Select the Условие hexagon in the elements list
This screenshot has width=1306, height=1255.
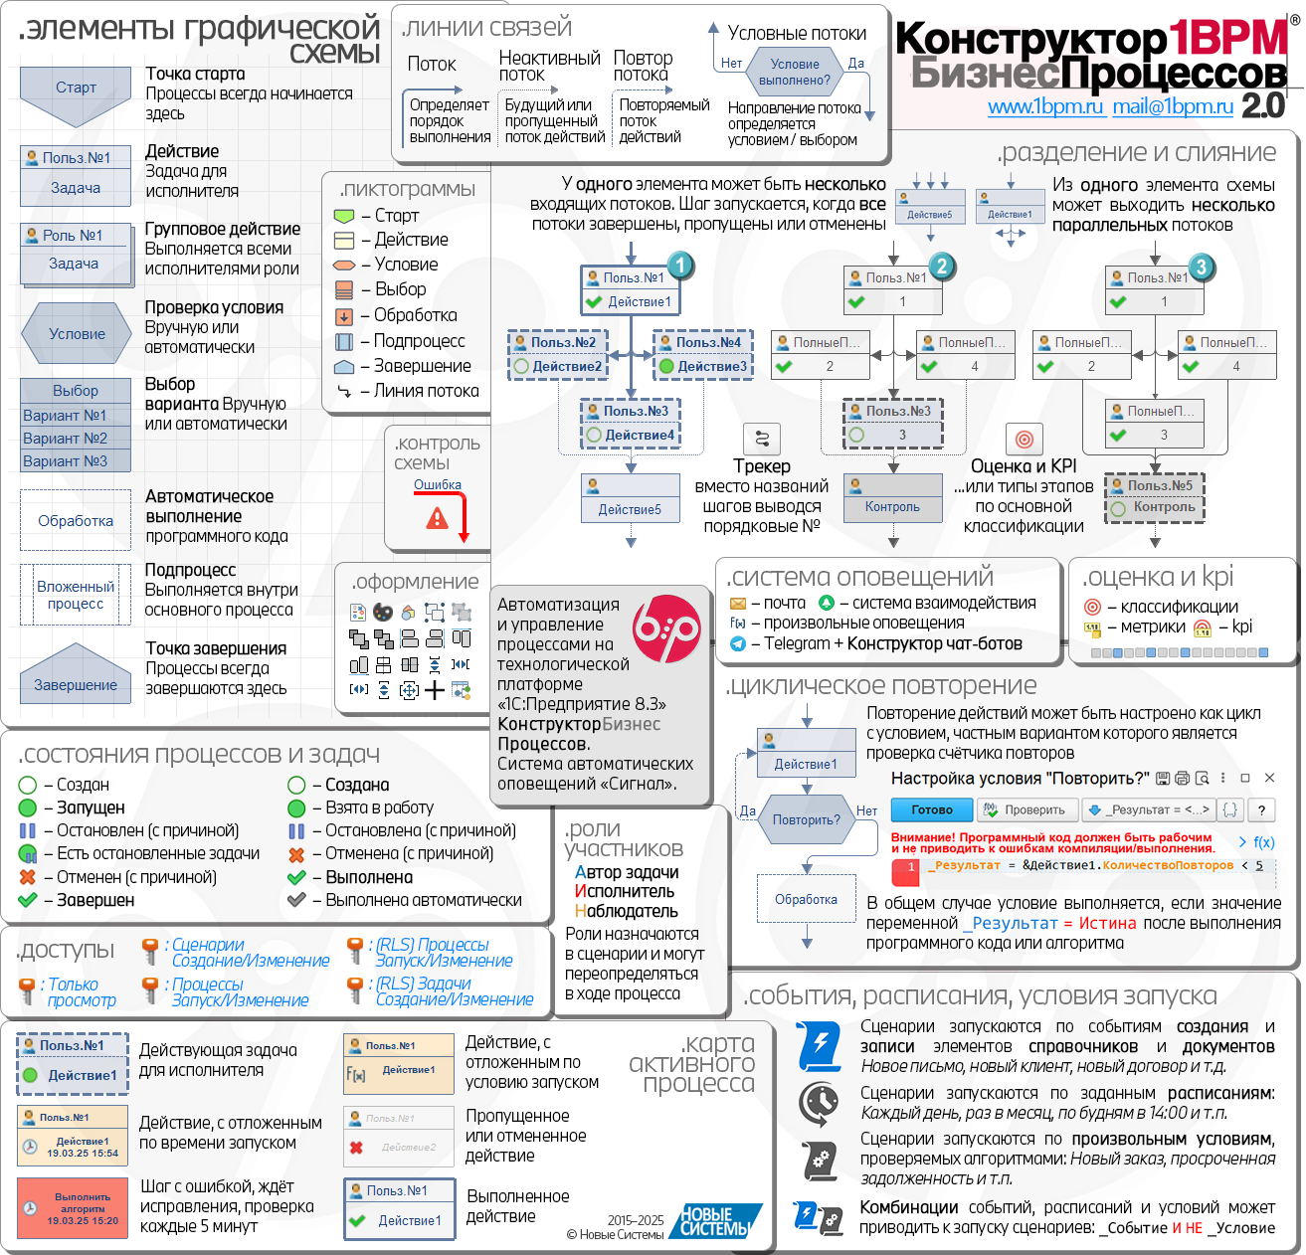pyautogui.click(x=77, y=334)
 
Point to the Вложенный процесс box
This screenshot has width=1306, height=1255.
pyautogui.click(x=76, y=595)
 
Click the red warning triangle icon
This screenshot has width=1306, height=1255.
pyautogui.click(x=437, y=518)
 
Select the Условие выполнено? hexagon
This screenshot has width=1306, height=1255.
pyautogui.click(x=794, y=73)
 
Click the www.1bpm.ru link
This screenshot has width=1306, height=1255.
pyautogui.click(x=1045, y=107)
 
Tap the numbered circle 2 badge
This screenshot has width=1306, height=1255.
pyautogui.click(x=942, y=266)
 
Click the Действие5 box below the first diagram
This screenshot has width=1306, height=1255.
pyautogui.click(x=630, y=498)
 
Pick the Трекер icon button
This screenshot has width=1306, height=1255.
pyautogui.click(x=762, y=439)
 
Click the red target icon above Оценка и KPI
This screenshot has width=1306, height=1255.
pyautogui.click(x=1024, y=439)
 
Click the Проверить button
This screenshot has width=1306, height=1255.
pyautogui.click(x=1026, y=809)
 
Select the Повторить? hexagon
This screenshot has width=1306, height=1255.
pyautogui.click(x=806, y=820)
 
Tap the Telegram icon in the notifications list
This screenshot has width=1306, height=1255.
pyautogui.click(x=738, y=644)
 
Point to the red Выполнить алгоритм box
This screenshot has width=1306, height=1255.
pyautogui.click(x=73, y=1208)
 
